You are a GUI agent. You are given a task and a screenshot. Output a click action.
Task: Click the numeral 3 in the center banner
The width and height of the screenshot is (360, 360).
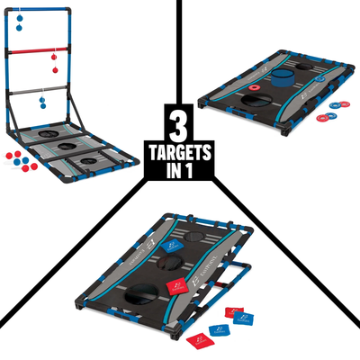tap(180, 121)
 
